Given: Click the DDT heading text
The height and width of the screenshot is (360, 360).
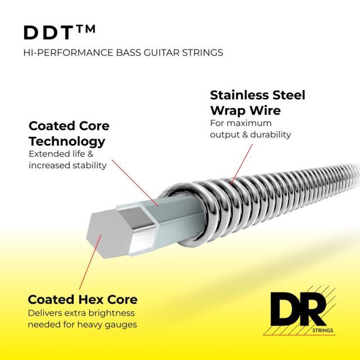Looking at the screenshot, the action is pos(49,33).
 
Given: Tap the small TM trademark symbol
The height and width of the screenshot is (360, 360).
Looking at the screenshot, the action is pos(85,29).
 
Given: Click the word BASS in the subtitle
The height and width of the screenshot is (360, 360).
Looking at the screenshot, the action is pos(128,52).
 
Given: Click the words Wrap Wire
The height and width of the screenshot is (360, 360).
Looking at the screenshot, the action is pos(245,110).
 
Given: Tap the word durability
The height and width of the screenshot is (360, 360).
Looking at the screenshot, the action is pos(271,134).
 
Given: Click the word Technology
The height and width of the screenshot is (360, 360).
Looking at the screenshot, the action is pos(67,142).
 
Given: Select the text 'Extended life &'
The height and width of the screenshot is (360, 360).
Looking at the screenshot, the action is pos(61,154).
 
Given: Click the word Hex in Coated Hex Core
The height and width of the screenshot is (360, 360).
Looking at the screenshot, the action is pos(91,299).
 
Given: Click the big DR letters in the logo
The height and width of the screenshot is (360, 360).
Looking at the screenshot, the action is pos(298,309).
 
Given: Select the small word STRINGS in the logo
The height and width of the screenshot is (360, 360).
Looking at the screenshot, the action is pos(322,330).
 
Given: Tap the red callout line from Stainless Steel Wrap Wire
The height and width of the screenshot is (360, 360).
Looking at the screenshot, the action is pos(241,164).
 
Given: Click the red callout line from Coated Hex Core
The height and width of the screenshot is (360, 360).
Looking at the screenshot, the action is pos(90,262).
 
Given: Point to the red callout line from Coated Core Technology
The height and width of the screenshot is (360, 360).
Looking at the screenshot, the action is pos(135,183).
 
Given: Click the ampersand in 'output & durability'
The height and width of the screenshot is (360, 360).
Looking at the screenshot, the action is pos(245,134).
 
